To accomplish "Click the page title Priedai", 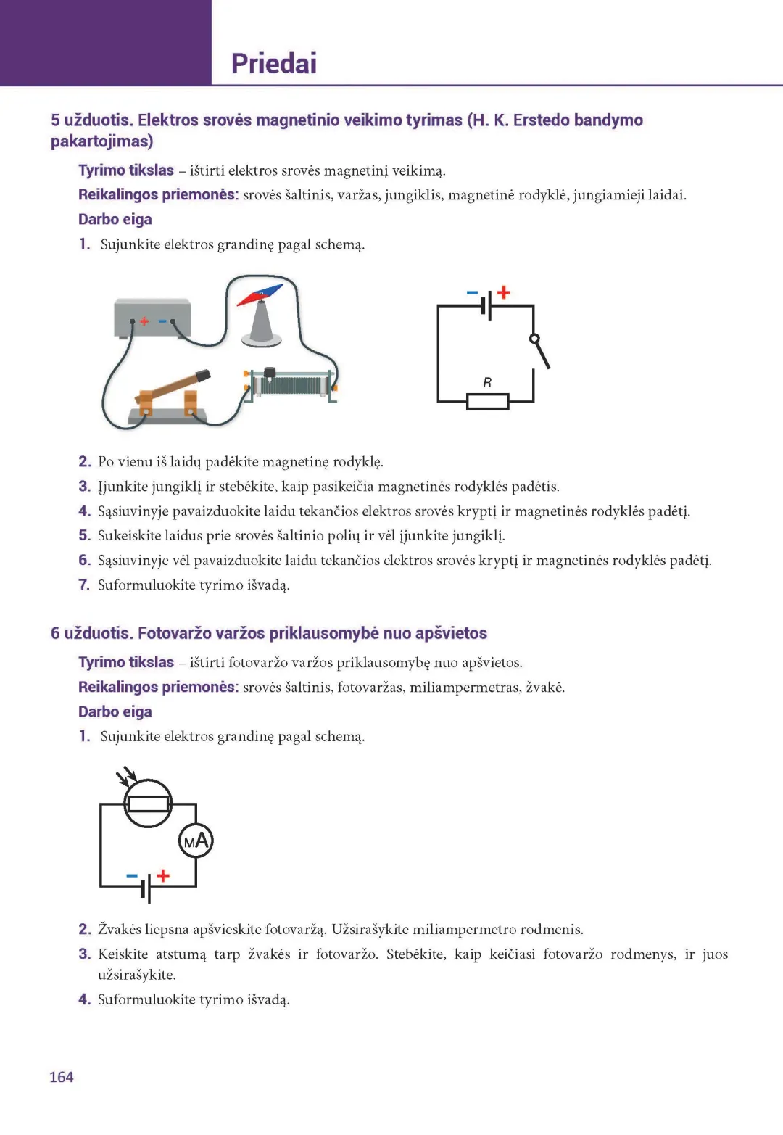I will tap(273, 64).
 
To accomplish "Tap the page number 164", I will tap(62, 1077).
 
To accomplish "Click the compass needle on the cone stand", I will tap(260, 294).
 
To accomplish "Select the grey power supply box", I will tap(152, 318).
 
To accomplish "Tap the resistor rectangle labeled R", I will tap(487, 401).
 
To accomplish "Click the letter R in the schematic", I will tap(487, 382).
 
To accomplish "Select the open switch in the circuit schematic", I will tap(541, 351).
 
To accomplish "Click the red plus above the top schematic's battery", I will tap(504, 292).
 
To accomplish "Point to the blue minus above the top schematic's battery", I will tap(472, 293).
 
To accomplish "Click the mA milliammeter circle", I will tap(196, 841).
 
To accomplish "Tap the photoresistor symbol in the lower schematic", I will tap(148, 804).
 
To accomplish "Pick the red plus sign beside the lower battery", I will tap(163, 875).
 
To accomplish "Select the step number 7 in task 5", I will tap(84, 585).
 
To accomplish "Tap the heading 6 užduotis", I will tap(91, 633).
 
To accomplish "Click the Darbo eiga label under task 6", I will tap(115, 711).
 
